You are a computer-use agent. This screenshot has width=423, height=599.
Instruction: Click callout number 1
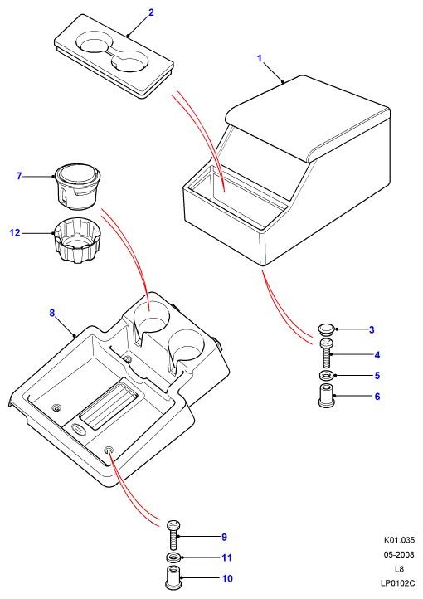point(260,58)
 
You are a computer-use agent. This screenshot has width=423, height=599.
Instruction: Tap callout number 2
point(151,12)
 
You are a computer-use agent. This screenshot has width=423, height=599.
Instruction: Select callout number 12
point(15,232)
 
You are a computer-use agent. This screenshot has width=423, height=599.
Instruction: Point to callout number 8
point(52,314)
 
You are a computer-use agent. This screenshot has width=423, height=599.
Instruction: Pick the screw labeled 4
point(327,353)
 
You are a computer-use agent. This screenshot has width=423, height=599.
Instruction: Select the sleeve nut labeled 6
point(327,396)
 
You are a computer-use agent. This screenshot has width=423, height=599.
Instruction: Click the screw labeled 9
point(173,536)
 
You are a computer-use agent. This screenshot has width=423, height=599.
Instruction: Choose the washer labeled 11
point(173,558)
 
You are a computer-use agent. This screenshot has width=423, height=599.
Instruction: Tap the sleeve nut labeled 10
point(173,577)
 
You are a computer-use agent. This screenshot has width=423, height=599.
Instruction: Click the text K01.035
point(399,540)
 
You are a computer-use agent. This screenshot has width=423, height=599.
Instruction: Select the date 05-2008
point(399,555)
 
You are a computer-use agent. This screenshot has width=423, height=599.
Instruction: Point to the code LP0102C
point(397,583)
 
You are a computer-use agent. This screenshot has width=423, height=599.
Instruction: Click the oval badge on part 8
point(80,430)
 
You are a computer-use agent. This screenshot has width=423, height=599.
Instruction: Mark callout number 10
point(227,578)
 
